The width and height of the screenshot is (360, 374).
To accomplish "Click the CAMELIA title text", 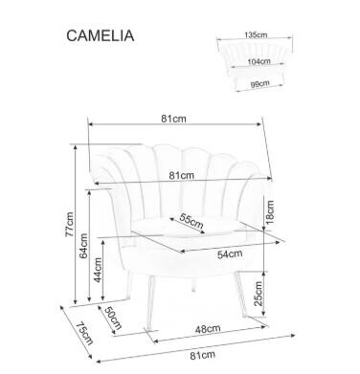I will (99, 35).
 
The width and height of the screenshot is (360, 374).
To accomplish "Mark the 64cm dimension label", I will (86, 247).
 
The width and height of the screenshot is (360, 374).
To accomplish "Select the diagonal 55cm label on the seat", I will (191, 223).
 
